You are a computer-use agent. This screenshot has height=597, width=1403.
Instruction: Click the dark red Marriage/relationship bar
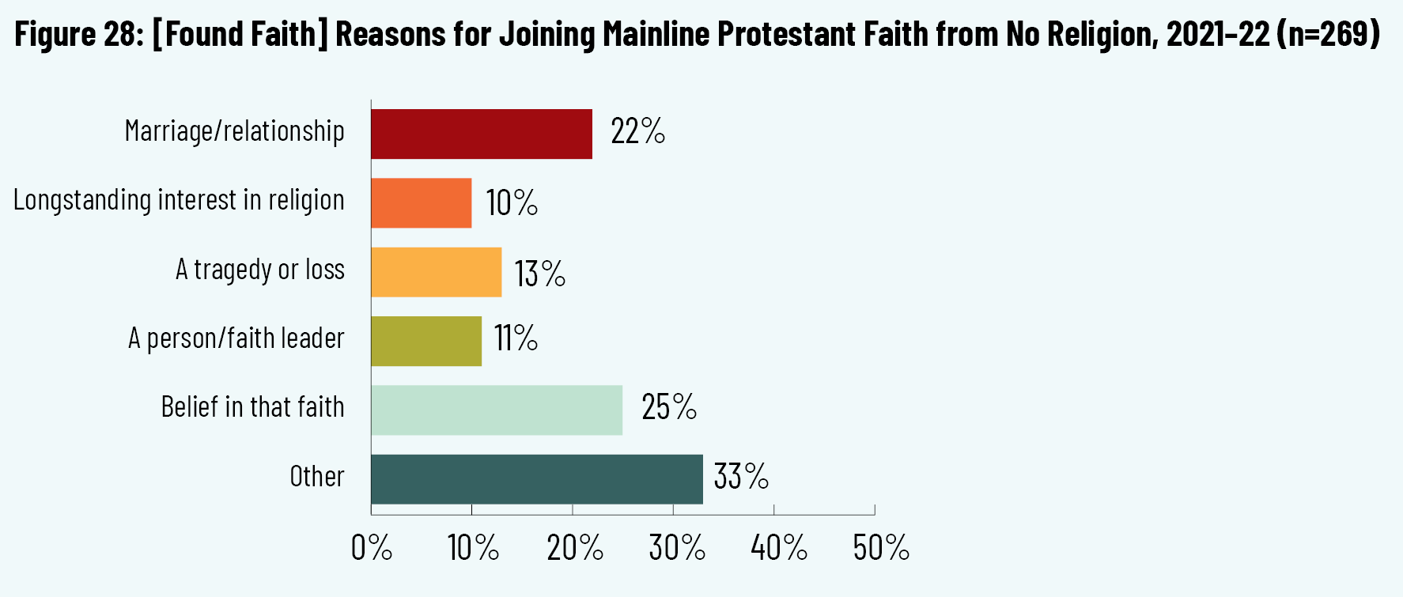coord(482,134)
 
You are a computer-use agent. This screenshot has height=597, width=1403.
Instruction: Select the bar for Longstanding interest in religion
coord(422,203)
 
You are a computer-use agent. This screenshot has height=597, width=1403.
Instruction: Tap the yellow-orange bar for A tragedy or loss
coord(437,272)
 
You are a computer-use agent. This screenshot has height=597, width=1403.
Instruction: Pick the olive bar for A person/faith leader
coord(426,341)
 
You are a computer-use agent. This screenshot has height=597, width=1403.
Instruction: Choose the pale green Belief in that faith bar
coord(497,410)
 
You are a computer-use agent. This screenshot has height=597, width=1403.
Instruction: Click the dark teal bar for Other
coord(537,479)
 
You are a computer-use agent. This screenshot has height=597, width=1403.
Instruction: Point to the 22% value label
coord(637,131)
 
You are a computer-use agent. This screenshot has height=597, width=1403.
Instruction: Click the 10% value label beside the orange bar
coord(512,202)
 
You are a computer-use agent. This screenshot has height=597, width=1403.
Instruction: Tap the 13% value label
coord(539,274)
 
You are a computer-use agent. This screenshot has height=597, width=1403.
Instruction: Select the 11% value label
coord(516,338)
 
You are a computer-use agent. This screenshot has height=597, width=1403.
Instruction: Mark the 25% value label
coord(669,407)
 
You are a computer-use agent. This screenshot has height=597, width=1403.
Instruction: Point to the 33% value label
coord(741,477)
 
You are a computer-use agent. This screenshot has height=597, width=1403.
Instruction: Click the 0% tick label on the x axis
coord(372,547)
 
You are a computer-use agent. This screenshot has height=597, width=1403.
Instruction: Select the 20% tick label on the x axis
coord(575,547)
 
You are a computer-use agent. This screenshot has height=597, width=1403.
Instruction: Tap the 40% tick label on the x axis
coord(779,547)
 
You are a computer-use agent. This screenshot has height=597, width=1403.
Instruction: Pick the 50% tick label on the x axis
coord(881,547)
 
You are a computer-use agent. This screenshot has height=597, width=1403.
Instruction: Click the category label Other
coord(317,477)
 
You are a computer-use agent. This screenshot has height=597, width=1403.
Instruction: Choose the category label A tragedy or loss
coord(260,270)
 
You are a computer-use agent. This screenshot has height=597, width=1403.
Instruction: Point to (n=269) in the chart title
coord(1328,34)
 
